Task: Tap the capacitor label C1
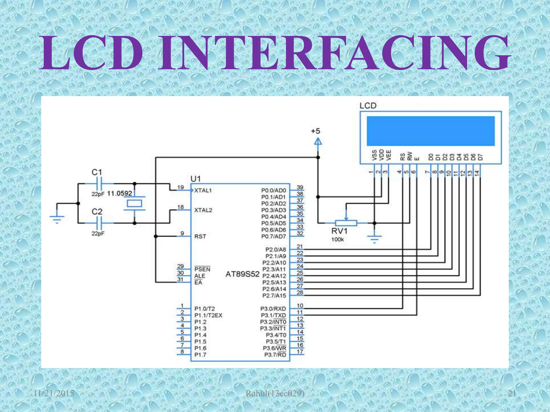point(97,172)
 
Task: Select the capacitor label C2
point(97,212)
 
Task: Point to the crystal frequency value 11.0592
point(120,193)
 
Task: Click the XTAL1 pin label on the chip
point(203,190)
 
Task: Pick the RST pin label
point(200,237)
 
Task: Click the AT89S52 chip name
point(242,274)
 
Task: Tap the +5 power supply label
point(316,131)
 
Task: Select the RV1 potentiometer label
point(339,231)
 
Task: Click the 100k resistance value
point(337,240)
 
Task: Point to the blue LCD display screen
point(430,131)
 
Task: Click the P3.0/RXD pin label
point(273,309)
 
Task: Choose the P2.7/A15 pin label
point(274,296)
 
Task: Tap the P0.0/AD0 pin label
point(273,190)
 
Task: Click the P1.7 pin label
point(200,355)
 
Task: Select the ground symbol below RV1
point(374,238)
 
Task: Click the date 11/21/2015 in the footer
point(54,393)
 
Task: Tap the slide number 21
point(512,393)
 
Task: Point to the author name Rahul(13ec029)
point(275,393)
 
